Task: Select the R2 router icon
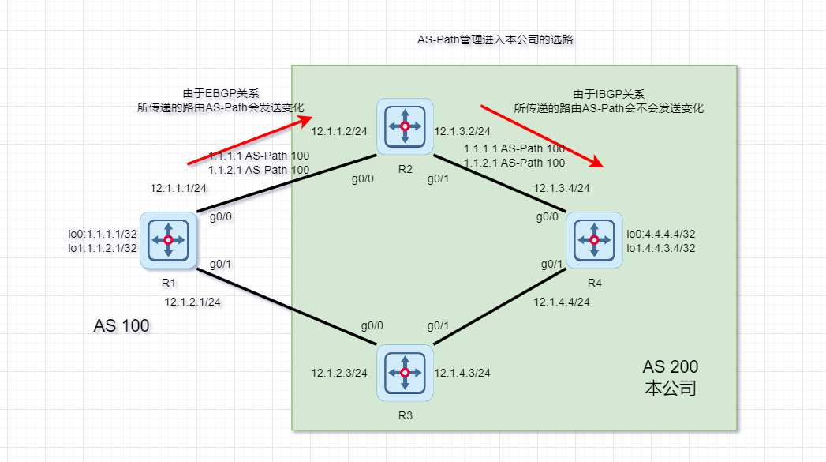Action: tap(405, 126)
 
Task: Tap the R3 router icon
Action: tap(405, 373)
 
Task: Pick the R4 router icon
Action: tap(593, 240)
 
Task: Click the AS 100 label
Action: tap(121, 325)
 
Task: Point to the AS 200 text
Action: tap(670, 367)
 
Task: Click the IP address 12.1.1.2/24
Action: tap(339, 132)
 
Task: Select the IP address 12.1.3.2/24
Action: tap(463, 132)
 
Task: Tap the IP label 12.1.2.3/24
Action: tap(339, 373)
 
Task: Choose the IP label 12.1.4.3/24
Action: tap(463, 373)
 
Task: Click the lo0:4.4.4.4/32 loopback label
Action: tap(661, 234)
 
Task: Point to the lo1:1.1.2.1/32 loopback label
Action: tap(103, 248)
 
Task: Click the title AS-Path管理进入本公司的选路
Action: tap(500, 39)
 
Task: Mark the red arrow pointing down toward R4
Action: tap(543, 136)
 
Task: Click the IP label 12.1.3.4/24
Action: tap(562, 188)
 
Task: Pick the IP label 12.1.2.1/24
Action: tap(192, 302)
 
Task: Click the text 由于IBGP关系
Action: tap(608, 93)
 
